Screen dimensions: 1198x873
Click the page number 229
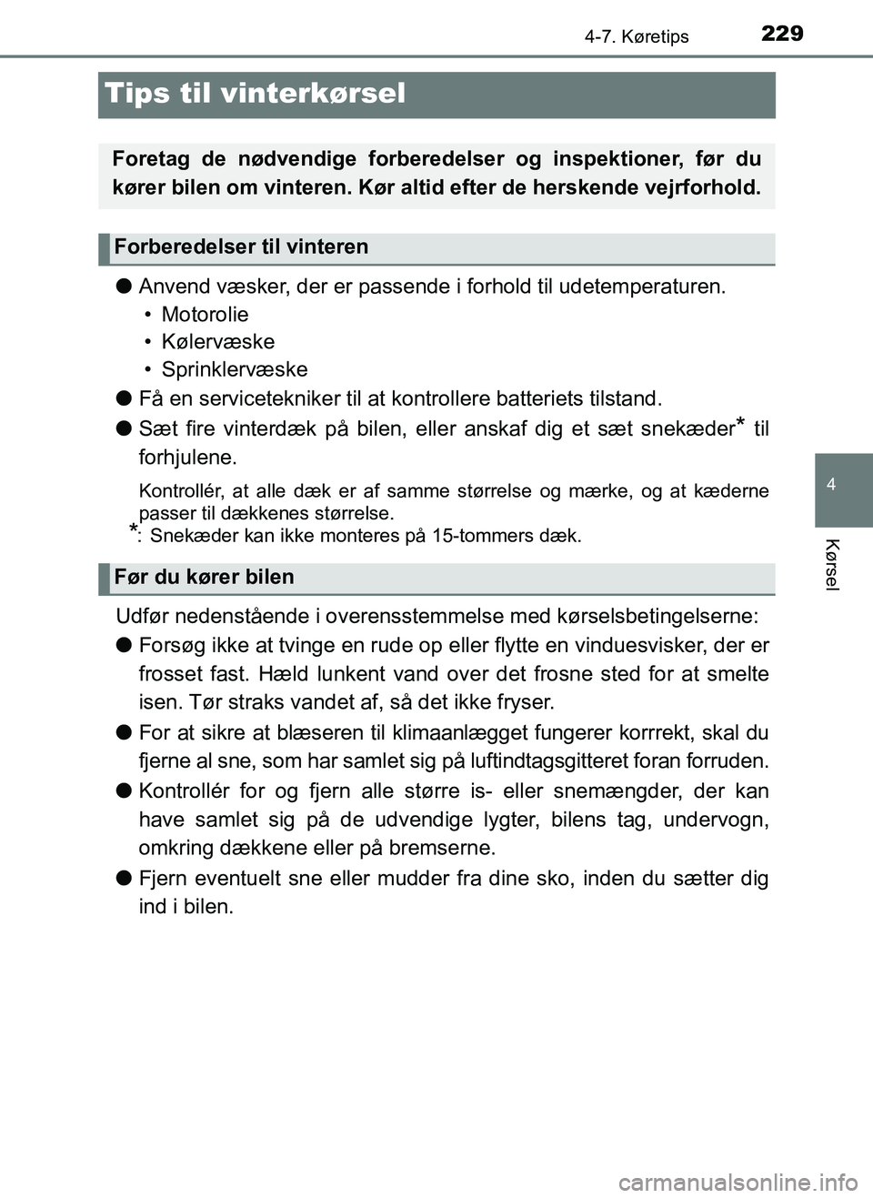(782, 34)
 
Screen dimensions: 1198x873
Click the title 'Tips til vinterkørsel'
(256, 94)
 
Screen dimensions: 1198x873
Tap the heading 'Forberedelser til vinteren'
(242, 247)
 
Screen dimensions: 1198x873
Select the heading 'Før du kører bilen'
(205, 577)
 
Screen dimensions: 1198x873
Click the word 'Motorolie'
(205, 315)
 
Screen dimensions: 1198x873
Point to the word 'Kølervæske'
(218, 342)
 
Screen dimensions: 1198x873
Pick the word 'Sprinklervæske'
(235, 369)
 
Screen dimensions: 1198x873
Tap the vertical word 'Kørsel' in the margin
(833, 565)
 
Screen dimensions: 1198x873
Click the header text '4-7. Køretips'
(637, 36)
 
